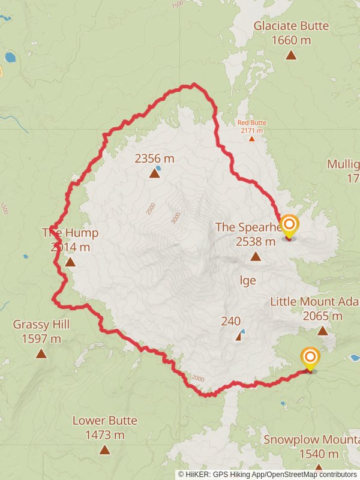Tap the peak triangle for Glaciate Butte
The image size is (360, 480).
pos(291,55)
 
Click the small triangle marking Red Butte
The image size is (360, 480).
pos(252,139)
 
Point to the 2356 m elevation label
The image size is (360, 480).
pos(154,158)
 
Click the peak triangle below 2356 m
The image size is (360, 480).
pos(154,174)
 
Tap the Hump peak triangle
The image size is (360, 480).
pos(70,262)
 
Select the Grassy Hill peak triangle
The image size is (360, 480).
pos(41,353)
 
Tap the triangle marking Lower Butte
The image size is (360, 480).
pos(105,449)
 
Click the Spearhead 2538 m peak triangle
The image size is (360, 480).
pos(256,257)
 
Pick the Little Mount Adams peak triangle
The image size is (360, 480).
pos(323,331)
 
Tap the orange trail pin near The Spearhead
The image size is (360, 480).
pos(289,227)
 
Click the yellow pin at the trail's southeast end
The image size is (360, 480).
pos(310,359)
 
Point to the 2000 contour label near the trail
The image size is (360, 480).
pos(198,378)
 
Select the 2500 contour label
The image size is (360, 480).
pos(150,209)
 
